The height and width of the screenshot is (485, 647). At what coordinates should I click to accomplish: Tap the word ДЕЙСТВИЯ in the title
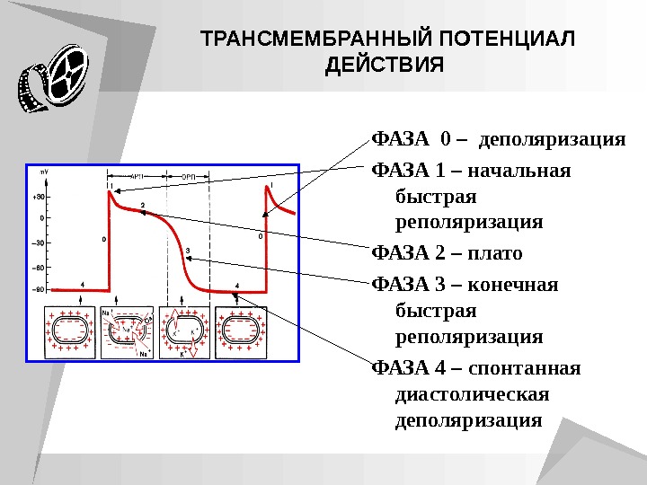point(384,66)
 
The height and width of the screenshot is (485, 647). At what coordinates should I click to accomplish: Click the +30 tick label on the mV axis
point(40,196)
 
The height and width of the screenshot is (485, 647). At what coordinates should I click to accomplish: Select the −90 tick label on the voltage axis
point(40,290)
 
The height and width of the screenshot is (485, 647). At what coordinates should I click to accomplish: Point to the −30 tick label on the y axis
point(40,242)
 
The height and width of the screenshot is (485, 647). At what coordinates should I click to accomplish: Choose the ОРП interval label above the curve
point(190,177)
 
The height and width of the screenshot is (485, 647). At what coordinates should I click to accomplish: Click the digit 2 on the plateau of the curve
point(142,207)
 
